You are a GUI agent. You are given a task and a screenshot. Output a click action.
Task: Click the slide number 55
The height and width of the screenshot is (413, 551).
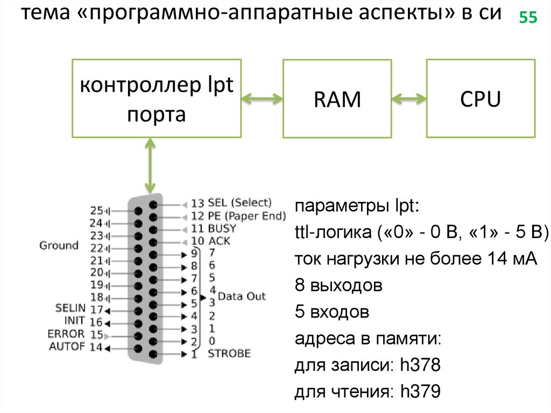pyautogui.click(x=528, y=18)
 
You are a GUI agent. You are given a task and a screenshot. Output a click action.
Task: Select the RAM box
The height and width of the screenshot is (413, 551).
pyautogui.click(x=337, y=99)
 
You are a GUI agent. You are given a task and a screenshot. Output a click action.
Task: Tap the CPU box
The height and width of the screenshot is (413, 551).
pyautogui.click(x=481, y=99)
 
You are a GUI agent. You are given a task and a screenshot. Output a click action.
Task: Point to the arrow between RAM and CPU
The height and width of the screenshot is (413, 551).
pyautogui.click(x=409, y=99)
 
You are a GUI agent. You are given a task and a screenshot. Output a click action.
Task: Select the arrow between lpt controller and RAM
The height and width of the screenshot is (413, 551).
pyautogui.click(x=262, y=99)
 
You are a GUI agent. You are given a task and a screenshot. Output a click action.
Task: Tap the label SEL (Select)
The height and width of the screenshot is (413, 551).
pyautogui.click(x=239, y=203)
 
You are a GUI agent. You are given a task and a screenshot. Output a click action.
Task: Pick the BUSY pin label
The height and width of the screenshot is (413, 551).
pyautogui.click(x=222, y=228)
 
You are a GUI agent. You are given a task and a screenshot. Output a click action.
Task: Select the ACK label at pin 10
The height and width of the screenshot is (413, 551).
pyautogui.click(x=219, y=241)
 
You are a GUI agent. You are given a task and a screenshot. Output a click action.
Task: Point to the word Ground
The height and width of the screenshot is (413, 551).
pyautogui.click(x=59, y=246)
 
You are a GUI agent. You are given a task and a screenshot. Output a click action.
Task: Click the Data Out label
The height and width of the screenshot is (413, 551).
pyautogui.click(x=242, y=296)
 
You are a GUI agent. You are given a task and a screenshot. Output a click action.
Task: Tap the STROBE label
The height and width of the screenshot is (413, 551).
pyautogui.click(x=229, y=353)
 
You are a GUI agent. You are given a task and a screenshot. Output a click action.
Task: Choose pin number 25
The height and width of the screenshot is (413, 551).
pyautogui.click(x=96, y=210)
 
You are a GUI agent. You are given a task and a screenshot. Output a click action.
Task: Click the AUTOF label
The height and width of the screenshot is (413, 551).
pyautogui.click(x=67, y=346)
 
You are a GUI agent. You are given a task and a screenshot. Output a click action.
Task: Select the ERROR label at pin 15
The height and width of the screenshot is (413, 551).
pyautogui.click(x=66, y=334)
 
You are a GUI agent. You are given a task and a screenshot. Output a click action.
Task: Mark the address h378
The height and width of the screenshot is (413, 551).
pyautogui.click(x=420, y=367)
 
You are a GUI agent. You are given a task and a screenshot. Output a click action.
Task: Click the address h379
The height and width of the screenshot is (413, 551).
pyautogui.click(x=420, y=393)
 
